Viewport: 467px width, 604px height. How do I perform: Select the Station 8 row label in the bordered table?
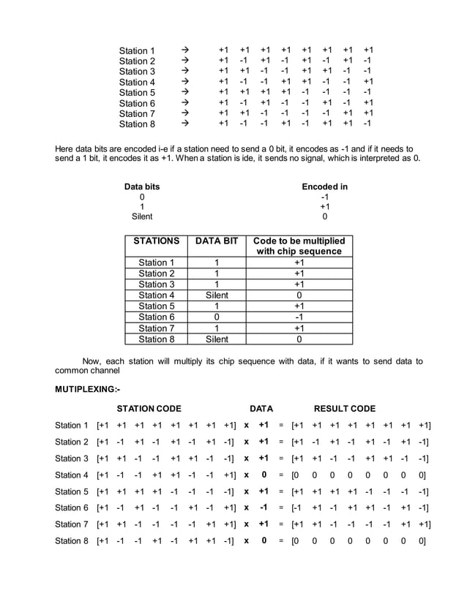click(157, 339)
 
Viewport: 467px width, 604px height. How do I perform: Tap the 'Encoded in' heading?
click(324, 186)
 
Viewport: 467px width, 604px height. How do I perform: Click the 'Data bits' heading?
click(141, 186)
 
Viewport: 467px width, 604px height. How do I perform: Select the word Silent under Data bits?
click(141, 216)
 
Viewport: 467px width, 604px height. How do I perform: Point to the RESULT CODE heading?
click(344, 408)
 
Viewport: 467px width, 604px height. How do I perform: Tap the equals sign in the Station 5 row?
click(280, 491)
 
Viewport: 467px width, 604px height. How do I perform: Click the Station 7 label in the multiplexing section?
click(72, 524)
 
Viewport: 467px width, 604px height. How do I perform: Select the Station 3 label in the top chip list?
click(137, 72)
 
